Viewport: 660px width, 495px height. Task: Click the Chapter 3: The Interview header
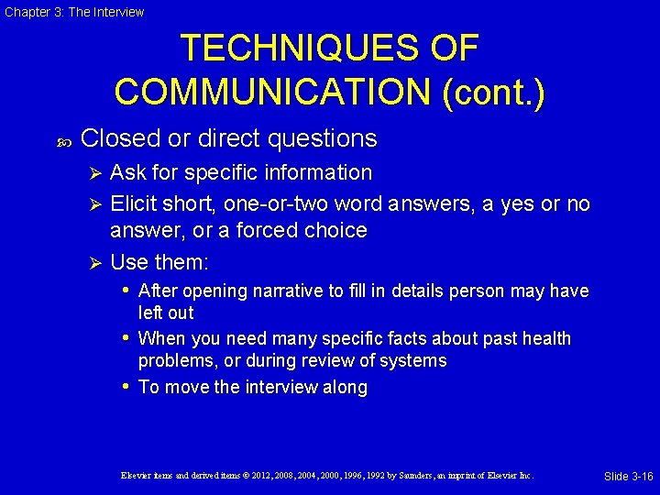pos(73,12)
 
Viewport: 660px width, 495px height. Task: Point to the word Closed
pos(120,138)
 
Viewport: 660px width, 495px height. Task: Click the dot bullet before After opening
pos(126,291)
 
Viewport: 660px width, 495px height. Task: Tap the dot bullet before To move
pos(126,387)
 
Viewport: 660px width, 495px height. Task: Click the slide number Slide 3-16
pos(628,476)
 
